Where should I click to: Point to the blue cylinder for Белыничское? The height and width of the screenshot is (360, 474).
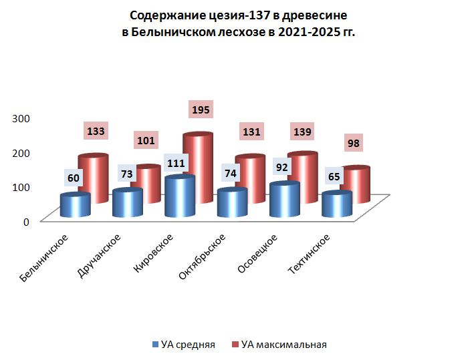[75, 206]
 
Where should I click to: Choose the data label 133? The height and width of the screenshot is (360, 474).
[96, 132]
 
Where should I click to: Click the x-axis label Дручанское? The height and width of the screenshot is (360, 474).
[99, 256]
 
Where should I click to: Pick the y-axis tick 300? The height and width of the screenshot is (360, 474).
[22, 118]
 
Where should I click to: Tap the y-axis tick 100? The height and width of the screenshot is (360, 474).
[22, 187]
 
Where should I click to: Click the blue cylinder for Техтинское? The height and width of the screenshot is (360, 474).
[337, 205]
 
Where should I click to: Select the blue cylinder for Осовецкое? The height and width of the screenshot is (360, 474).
[284, 200]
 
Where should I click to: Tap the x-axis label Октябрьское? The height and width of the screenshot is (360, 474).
[203, 257]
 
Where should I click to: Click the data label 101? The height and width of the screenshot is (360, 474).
[146, 141]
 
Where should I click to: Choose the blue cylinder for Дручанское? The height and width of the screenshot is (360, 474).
[128, 204]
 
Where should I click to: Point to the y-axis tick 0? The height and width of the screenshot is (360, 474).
[26, 222]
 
